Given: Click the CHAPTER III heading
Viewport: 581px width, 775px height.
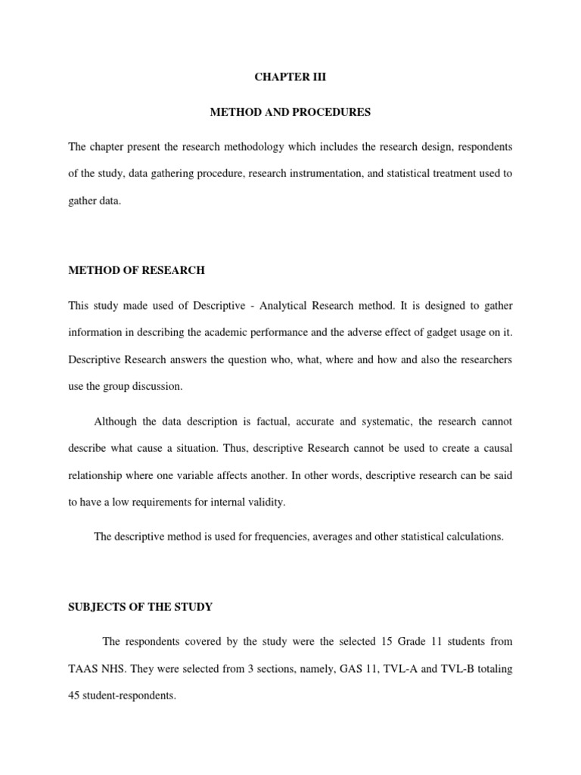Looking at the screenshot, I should tap(290, 78).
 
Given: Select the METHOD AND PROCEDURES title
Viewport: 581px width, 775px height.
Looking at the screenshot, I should tap(290, 112).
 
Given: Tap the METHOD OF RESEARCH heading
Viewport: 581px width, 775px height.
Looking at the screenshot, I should tap(136, 270).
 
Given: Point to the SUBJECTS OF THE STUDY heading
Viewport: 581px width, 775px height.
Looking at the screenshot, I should tap(140, 606).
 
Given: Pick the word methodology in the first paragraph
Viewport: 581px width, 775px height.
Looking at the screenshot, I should tap(274, 145).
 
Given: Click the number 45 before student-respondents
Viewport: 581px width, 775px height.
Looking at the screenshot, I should tap(74, 697).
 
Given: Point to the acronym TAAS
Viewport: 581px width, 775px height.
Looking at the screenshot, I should tap(82, 669).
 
